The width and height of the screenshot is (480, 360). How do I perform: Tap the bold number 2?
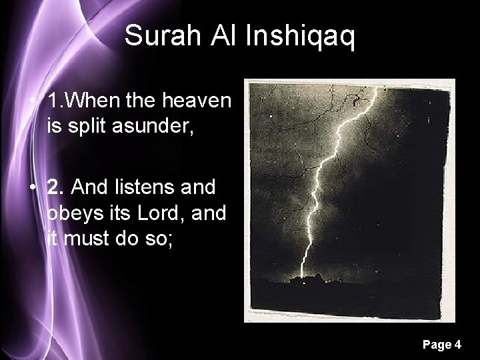click(55, 188)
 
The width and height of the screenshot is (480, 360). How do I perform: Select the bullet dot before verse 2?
click(33, 189)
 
